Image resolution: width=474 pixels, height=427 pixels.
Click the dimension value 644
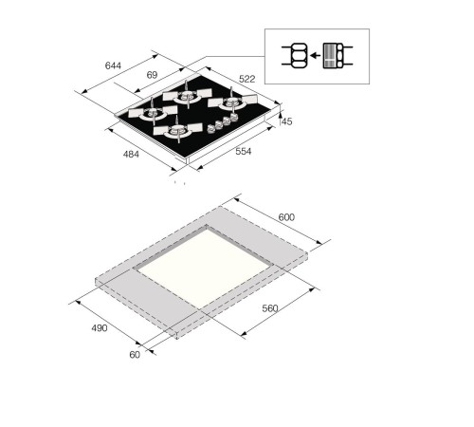(x=113, y=65)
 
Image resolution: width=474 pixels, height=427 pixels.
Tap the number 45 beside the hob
(x=287, y=121)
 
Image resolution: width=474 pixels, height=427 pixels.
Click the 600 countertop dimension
(x=286, y=217)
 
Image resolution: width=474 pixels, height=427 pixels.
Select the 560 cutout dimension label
(x=270, y=309)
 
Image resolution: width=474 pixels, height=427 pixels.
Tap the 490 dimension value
(x=99, y=328)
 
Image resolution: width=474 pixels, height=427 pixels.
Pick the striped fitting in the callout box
(x=332, y=57)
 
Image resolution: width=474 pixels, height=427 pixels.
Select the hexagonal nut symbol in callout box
(x=296, y=57)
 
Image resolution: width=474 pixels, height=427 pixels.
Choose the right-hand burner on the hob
(x=228, y=102)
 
